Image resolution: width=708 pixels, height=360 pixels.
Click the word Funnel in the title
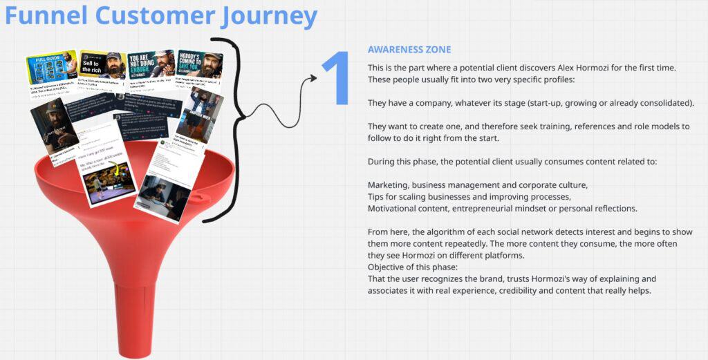pyautogui.click(x=47, y=16)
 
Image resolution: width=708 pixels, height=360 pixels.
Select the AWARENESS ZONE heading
pyautogui.click(x=409, y=50)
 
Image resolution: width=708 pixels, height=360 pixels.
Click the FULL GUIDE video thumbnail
pyautogui.click(x=51, y=66)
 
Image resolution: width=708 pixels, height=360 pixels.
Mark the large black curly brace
pyautogui.click(x=232, y=124)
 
